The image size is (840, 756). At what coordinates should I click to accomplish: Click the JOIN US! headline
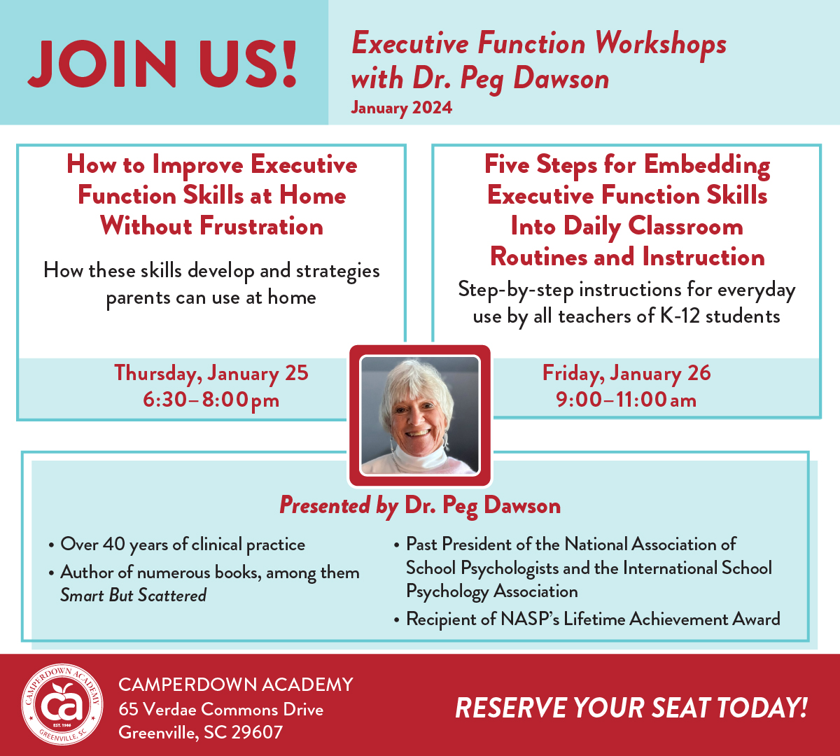[162, 64]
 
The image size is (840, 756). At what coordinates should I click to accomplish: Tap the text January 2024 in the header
[402, 108]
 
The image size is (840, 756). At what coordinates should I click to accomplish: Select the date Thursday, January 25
[211, 373]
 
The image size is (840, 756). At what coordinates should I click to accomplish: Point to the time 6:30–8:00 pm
[211, 400]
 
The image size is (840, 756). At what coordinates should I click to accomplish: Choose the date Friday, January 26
[626, 373]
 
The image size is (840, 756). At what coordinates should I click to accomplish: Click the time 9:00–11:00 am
[626, 399]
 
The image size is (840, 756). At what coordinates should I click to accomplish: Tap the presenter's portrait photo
[420, 416]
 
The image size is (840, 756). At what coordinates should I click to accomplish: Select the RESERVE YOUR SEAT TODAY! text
[631, 708]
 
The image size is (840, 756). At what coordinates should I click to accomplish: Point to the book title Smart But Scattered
[133, 595]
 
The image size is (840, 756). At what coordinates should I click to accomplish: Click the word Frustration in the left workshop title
[261, 226]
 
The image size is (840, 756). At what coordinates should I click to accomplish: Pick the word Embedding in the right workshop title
[707, 165]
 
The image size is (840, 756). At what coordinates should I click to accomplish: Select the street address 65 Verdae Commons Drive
[220, 710]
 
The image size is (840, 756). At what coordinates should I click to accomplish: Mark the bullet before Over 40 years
[52, 545]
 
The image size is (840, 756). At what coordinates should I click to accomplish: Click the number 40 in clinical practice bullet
[114, 544]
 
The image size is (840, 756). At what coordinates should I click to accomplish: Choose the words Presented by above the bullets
[339, 505]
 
